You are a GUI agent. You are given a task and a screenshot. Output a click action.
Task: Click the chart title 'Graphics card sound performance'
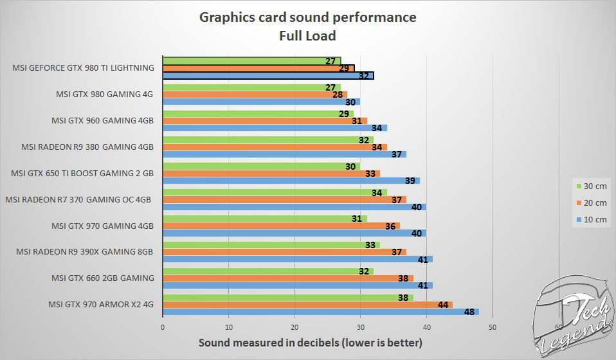click(x=307, y=17)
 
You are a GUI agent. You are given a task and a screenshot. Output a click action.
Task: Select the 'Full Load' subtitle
click(x=307, y=35)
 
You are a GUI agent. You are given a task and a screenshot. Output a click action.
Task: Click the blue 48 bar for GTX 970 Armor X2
click(x=321, y=312)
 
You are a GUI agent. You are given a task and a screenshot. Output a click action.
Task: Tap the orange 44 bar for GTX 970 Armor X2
click(x=307, y=304)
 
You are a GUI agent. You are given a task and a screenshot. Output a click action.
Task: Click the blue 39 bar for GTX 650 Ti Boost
click(x=291, y=181)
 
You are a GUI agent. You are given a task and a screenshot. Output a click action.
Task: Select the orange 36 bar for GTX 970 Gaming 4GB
click(x=281, y=225)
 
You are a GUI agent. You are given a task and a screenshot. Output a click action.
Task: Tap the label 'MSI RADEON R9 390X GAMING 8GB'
click(x=85, y=251)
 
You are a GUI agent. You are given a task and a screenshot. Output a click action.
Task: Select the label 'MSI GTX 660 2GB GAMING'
click(x=103, y=278)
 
